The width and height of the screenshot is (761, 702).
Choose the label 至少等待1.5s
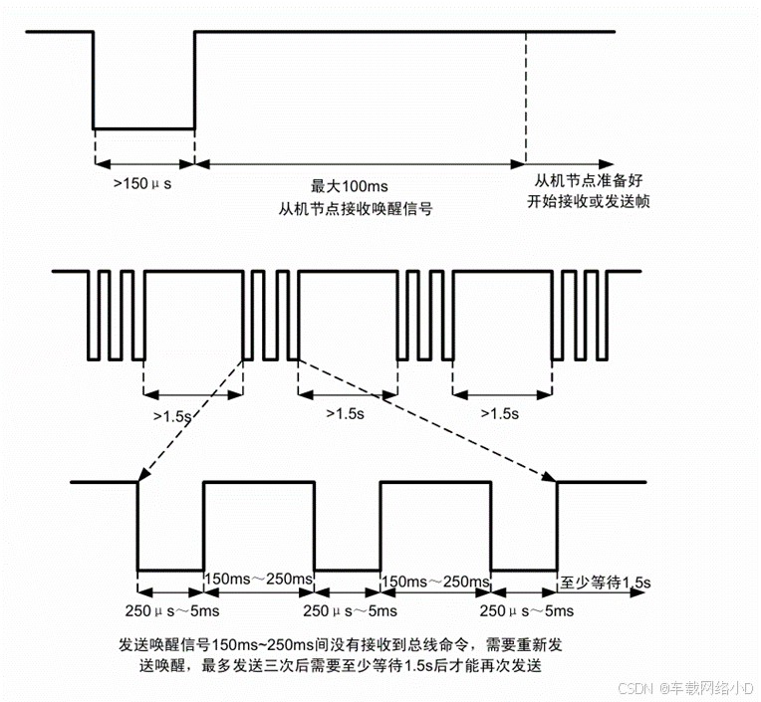coord(607,581)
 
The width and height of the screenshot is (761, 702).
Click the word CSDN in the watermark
coord(634,688)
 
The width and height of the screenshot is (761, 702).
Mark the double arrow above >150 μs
coord(143,163)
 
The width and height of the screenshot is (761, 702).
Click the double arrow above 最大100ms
coord(360,163)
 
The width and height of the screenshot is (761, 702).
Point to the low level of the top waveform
coord(143,128)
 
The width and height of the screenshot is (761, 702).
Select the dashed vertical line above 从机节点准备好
coord(525,100)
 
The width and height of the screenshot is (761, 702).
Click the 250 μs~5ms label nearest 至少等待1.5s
coord(526,610)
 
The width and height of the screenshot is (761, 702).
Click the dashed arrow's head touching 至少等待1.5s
coord(552,479)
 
